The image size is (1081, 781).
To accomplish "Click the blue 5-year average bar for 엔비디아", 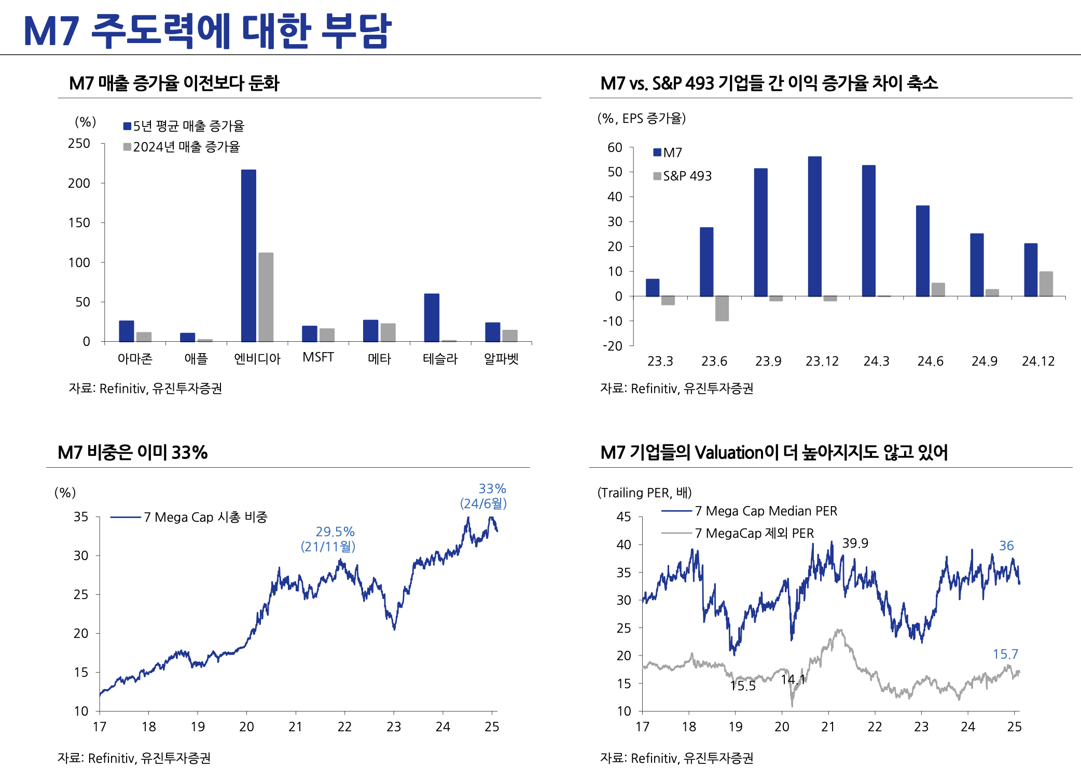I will [x=248, y=255].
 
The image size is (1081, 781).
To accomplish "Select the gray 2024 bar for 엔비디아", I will [x=266, y=297].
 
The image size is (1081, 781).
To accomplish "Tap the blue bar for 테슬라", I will [x=432, y=317].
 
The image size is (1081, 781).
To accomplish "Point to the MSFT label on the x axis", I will [x=318, y=357].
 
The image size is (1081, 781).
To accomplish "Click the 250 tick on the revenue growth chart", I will [x=79, y=144].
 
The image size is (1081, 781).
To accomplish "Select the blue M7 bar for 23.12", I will [x=814, y=226].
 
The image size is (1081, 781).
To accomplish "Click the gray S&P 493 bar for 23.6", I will [x=722, y=308].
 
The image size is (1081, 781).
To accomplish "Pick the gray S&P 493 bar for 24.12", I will [x=1046, y=284].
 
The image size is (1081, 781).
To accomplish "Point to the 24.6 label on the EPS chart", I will [x=930, y=361].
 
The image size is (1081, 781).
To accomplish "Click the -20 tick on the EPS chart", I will [x=613, y=346].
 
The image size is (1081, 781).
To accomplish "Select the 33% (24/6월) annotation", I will [x=484, y=496].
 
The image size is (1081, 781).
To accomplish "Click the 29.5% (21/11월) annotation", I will [x=328, y=539].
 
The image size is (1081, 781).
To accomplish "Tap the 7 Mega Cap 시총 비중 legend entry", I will [x=205, y=517].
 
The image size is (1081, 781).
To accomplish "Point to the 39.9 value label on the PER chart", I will [x=855, y=543].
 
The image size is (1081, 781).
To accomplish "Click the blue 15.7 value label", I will [x=1005, y=654].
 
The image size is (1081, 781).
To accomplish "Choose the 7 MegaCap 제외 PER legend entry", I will [x=754, y=533].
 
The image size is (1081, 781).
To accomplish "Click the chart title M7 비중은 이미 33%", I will [x=133, y=453].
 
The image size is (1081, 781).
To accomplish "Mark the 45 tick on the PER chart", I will [x=623, y=517].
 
